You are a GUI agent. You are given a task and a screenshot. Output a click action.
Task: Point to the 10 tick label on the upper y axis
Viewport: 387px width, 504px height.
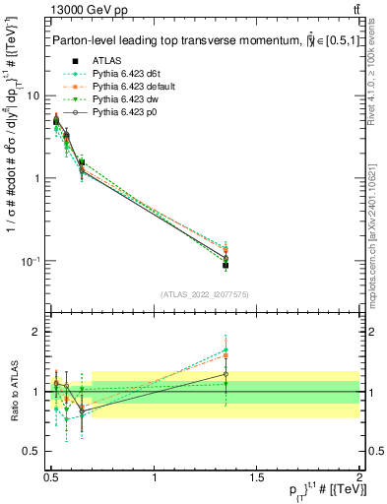point(34,95)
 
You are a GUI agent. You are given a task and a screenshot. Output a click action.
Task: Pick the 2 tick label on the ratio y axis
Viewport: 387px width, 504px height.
point(38,332)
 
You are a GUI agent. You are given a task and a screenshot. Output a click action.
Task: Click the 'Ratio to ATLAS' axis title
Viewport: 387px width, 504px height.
point(13,392)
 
